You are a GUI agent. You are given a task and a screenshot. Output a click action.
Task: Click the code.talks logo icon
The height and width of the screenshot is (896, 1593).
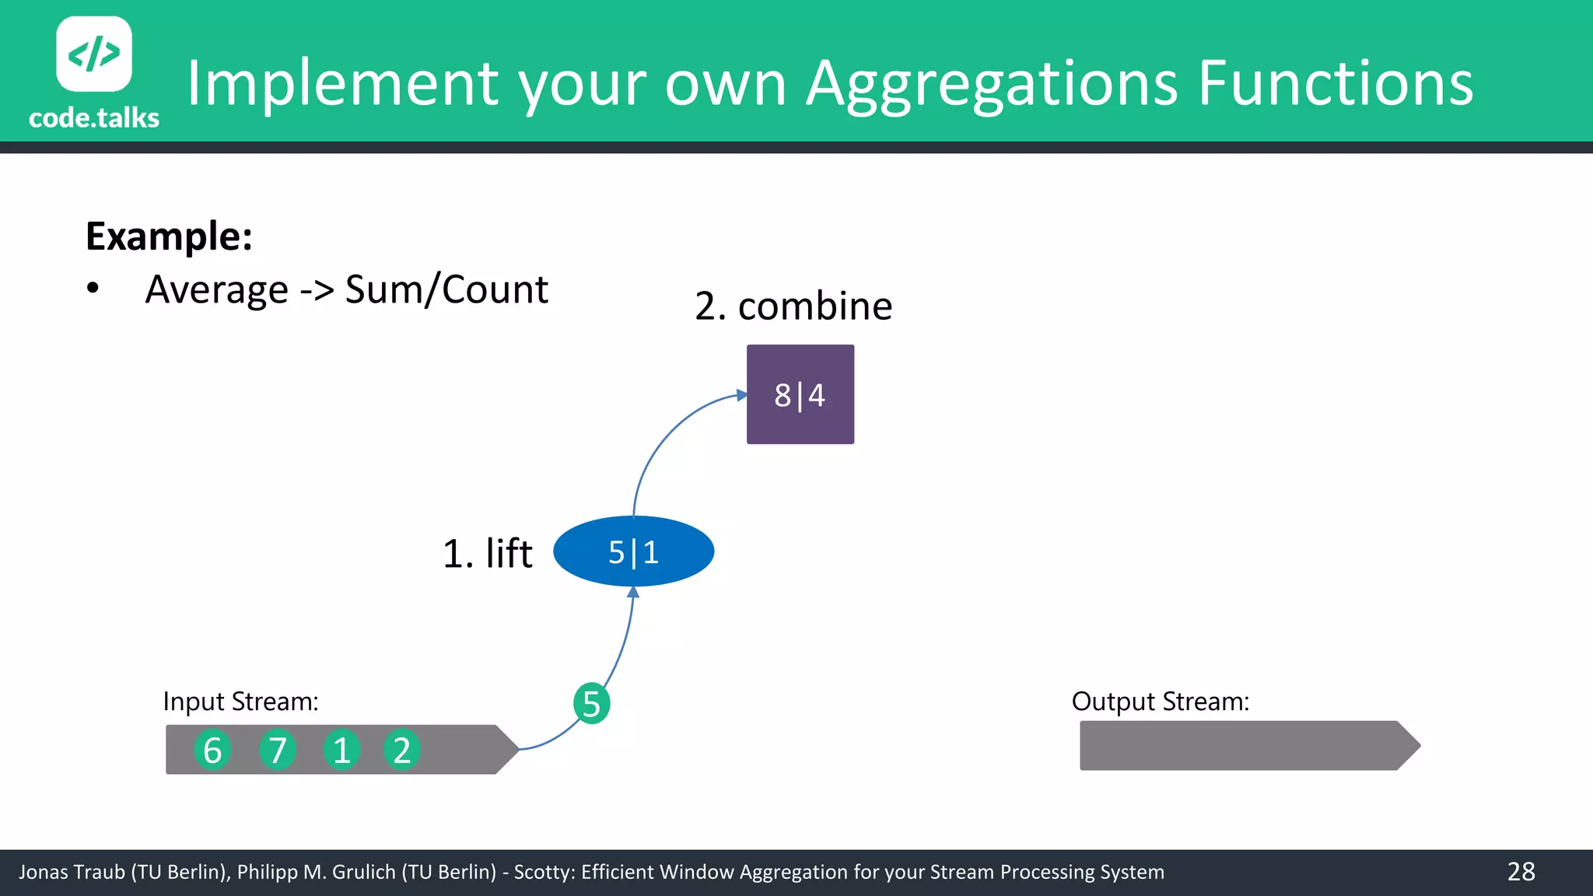coord(94,54)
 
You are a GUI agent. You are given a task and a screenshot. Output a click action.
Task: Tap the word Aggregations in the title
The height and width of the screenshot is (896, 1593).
coord(992,83)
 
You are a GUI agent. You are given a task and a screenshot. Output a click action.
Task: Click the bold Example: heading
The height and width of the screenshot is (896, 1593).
coord(169,236)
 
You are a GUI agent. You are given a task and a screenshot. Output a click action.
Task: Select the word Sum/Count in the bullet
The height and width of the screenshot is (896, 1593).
coord(446,289)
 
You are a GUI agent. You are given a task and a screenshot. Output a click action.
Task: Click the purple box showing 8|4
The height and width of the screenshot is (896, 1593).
coord(800,394)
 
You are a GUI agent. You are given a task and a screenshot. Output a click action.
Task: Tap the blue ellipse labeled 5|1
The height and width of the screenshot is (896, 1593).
coord(633,551)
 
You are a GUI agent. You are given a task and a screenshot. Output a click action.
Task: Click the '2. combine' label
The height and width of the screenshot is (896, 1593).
coord(793,306)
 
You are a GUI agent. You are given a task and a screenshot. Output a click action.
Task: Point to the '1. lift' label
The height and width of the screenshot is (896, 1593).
coord(487,553)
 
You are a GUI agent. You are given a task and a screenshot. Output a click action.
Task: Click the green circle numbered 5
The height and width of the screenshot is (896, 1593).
coord(591,703)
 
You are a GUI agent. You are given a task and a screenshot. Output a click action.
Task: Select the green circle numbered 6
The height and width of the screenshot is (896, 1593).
coord(212,750)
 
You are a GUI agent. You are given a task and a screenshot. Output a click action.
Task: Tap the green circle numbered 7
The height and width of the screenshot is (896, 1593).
coord(278,750)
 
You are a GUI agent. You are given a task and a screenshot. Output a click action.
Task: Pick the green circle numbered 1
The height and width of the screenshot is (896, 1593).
coord(341,750)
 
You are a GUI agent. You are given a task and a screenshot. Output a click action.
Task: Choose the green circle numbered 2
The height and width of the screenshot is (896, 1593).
coord(401,750)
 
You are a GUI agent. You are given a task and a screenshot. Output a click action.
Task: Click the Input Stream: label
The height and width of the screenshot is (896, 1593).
coord(240,702)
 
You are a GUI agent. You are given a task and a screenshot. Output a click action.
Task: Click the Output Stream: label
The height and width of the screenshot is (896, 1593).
coord(1160,702)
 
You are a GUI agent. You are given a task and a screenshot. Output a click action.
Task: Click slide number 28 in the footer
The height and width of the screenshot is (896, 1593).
coord(1521,871)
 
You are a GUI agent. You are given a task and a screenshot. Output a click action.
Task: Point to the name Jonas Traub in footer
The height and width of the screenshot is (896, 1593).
coord(72,872)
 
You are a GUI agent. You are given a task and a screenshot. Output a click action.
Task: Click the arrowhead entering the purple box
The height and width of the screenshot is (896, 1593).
coord(742,395)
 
